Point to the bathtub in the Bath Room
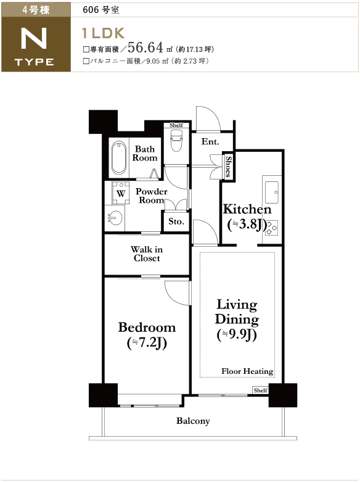click(119, 158)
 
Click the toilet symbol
click(176, 141)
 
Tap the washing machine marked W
click(121, 193)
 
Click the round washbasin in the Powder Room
click(115, 218)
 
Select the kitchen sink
click(272, 192)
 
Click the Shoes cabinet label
click(229, 167)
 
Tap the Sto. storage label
click(176, 221)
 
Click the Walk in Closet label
click(147, 254)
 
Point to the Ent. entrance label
click(210, 141)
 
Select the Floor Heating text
click(247, 371)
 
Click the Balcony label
click(193, 421)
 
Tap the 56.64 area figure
click(145, 47)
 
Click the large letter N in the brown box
click(34, 38)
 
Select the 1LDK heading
click(103, 33)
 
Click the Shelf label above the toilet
click(176, 125)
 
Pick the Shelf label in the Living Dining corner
click(261, 390)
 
